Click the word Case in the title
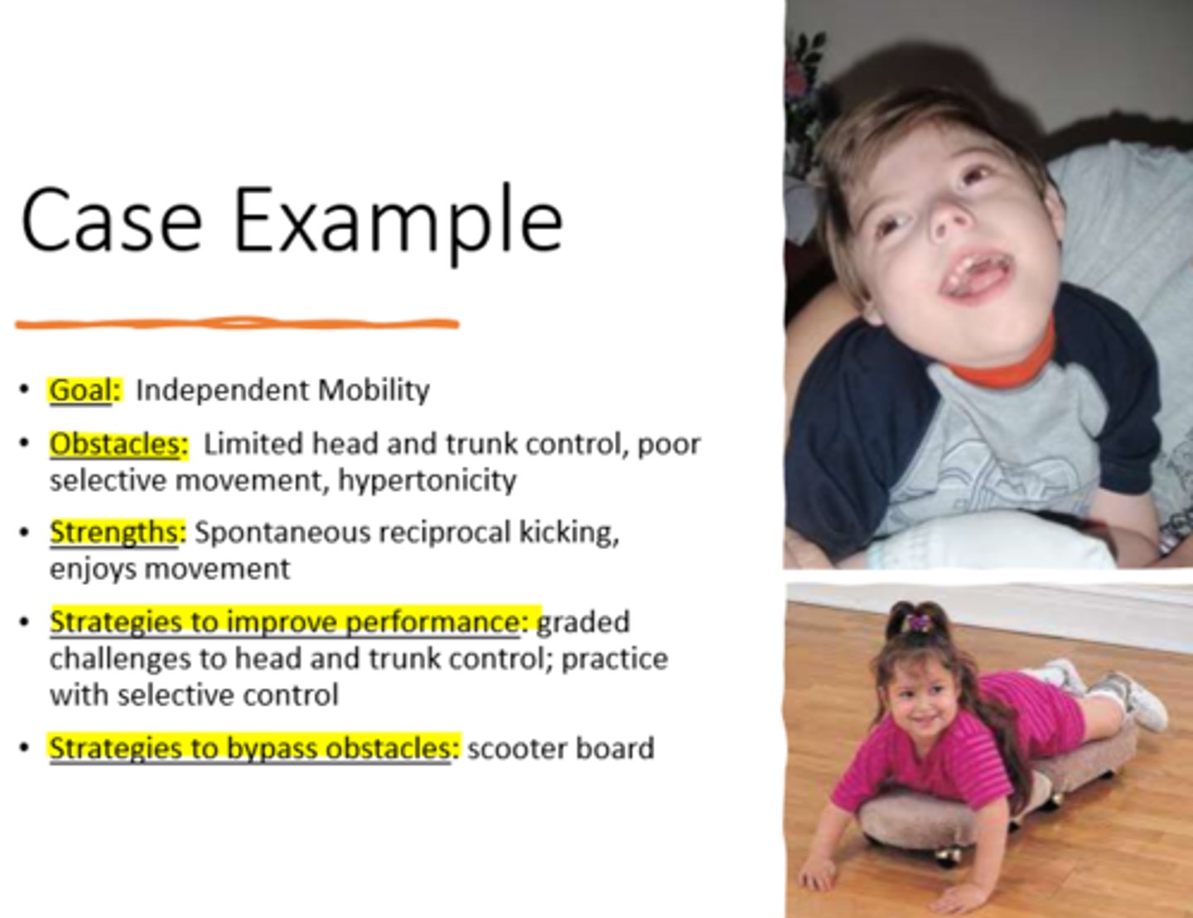111,220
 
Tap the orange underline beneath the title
237,323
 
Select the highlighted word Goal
80,389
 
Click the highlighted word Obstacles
114,444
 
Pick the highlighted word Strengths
114,532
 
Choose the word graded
583,621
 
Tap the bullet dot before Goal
27,389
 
